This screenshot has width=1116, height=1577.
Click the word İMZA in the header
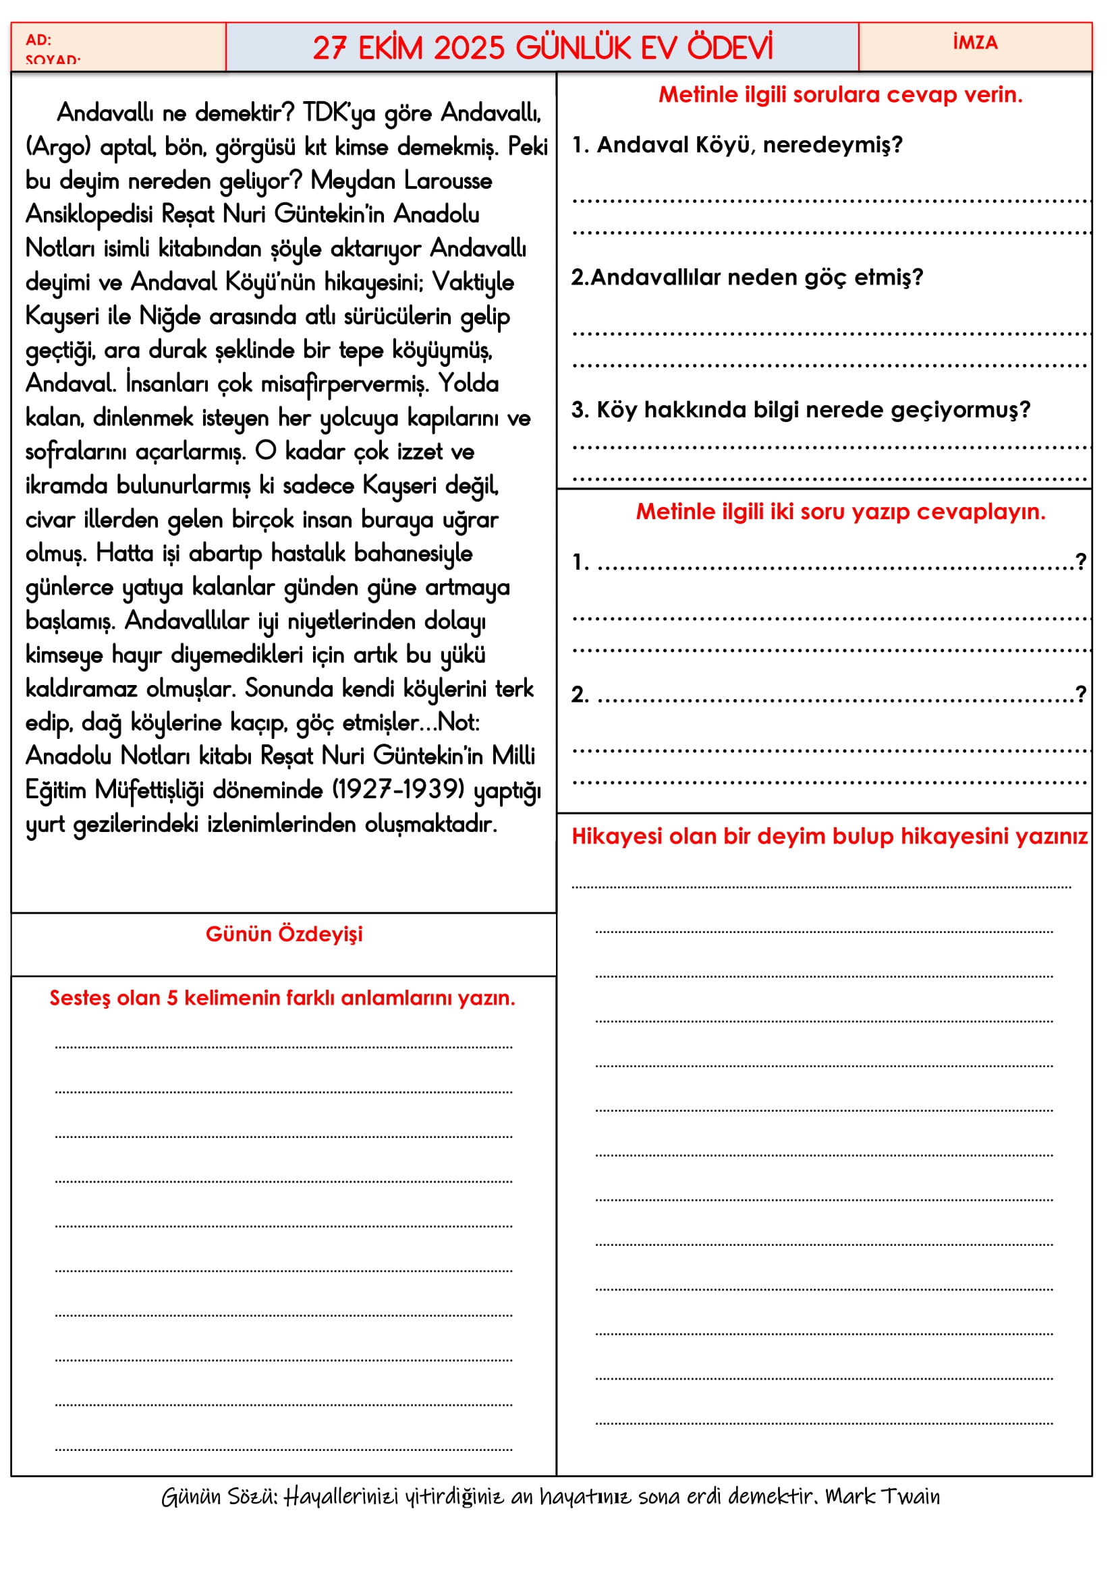(x=974, y=42)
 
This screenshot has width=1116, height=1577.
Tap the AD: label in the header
(x=38, y=40)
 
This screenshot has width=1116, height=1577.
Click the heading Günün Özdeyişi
(x=284, y=934)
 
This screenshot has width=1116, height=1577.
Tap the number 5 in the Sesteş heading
(x=172, y=998)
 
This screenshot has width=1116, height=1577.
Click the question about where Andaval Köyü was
(x=737, y=145)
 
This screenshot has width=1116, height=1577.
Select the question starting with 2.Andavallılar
(x=747, y=278)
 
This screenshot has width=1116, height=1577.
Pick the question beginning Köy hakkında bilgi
(x=801, y=410)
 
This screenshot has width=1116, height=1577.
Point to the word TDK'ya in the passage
(x=339, y=113)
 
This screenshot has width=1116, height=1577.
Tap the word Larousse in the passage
(x=448, y=181)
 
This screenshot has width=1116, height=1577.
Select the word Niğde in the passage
(x=170, y=316)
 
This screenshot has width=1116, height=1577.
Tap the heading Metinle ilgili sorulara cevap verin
(x=840, y=95)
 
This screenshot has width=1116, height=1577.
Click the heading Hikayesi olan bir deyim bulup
(x=829, y=836)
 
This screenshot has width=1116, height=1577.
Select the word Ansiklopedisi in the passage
(x=89, y=214)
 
